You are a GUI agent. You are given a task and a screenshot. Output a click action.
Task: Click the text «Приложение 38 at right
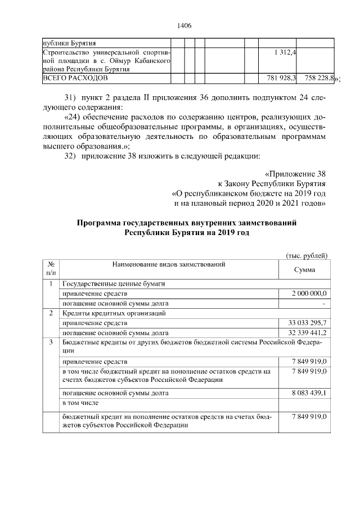pyautogui.click(x=294, y=174)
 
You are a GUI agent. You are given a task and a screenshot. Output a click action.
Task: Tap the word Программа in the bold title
pyautogui.click(x=102, y=223)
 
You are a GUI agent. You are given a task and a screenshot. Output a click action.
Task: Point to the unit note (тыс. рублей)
pyautogui.click(x=307, y=255)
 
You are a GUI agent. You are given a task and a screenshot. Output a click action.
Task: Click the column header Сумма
pyautogui.click(x=304, y=270)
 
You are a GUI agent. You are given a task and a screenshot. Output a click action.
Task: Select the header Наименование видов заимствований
pyautogui.click(x=169, y=264)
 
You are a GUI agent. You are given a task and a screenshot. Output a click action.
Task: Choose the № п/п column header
pyautogui.click(x=51, y=268)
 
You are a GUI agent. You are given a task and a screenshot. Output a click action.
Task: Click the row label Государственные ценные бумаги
pyautogui.click(x=113, y=283)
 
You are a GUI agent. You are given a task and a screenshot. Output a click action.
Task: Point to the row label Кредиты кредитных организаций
pyautogui.click(x=114, y=313)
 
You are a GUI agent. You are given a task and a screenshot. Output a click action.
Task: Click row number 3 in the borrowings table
pyautogui.click(x=51, y=342)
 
